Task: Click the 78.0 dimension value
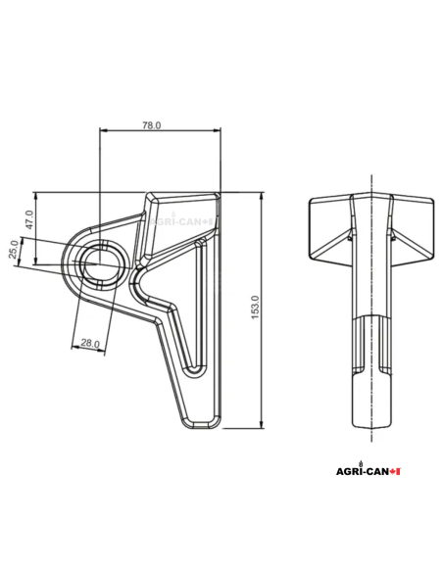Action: point(152,126)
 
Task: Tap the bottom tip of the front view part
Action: point(201,425)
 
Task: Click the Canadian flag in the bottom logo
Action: point(396,472)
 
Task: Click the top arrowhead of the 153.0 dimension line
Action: point(263,196)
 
